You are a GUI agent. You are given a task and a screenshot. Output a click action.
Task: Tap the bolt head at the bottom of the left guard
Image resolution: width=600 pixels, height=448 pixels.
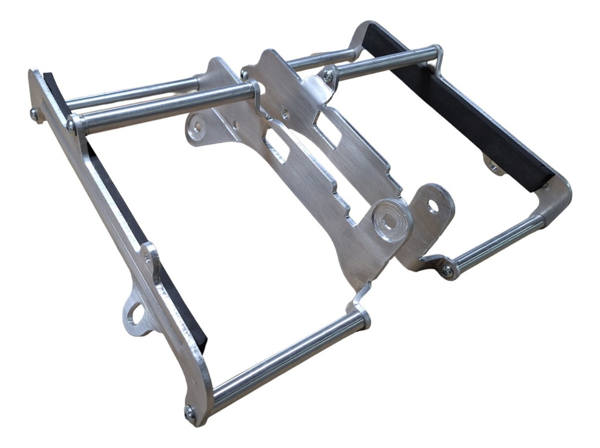coord(190,412)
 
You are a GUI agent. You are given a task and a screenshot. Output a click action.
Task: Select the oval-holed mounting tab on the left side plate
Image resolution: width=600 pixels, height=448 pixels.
coord(136,315)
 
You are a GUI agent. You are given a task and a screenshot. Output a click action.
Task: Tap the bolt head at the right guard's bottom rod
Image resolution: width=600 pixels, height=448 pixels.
coord(447,271)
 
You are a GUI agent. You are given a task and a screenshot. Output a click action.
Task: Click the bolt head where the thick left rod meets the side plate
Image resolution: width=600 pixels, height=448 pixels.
coord(72,125)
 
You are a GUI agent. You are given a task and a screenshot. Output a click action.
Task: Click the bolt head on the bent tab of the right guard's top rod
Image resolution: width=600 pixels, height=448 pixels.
coord(328,76)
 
